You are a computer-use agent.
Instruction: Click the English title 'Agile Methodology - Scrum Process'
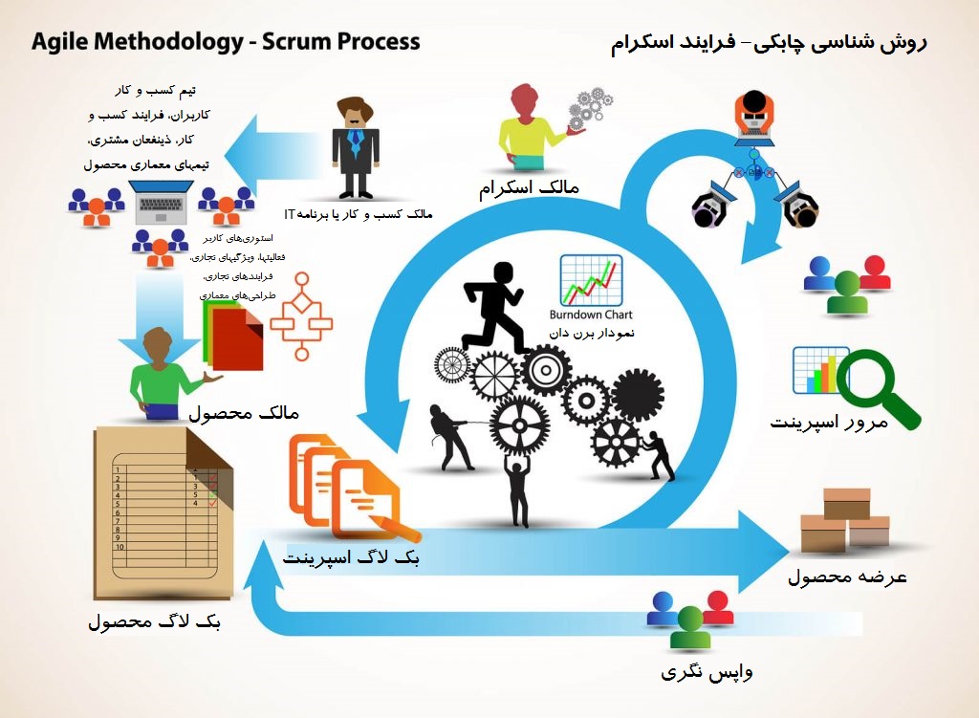click(x=226, y=42)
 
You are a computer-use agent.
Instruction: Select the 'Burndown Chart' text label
click(x=591, y=315)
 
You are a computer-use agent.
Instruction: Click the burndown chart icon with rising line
click(x=591, y=280)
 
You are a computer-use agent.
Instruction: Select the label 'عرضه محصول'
click(x=847, y=577)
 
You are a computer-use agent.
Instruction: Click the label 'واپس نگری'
click(x=707, y=671)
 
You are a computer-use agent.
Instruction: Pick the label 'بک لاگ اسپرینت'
click(x=352, y=557)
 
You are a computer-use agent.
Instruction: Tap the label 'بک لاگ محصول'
click(x=154, y=622)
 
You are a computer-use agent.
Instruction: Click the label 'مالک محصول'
click(x=244, y=413)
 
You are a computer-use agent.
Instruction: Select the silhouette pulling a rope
click(x=449, y=436)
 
